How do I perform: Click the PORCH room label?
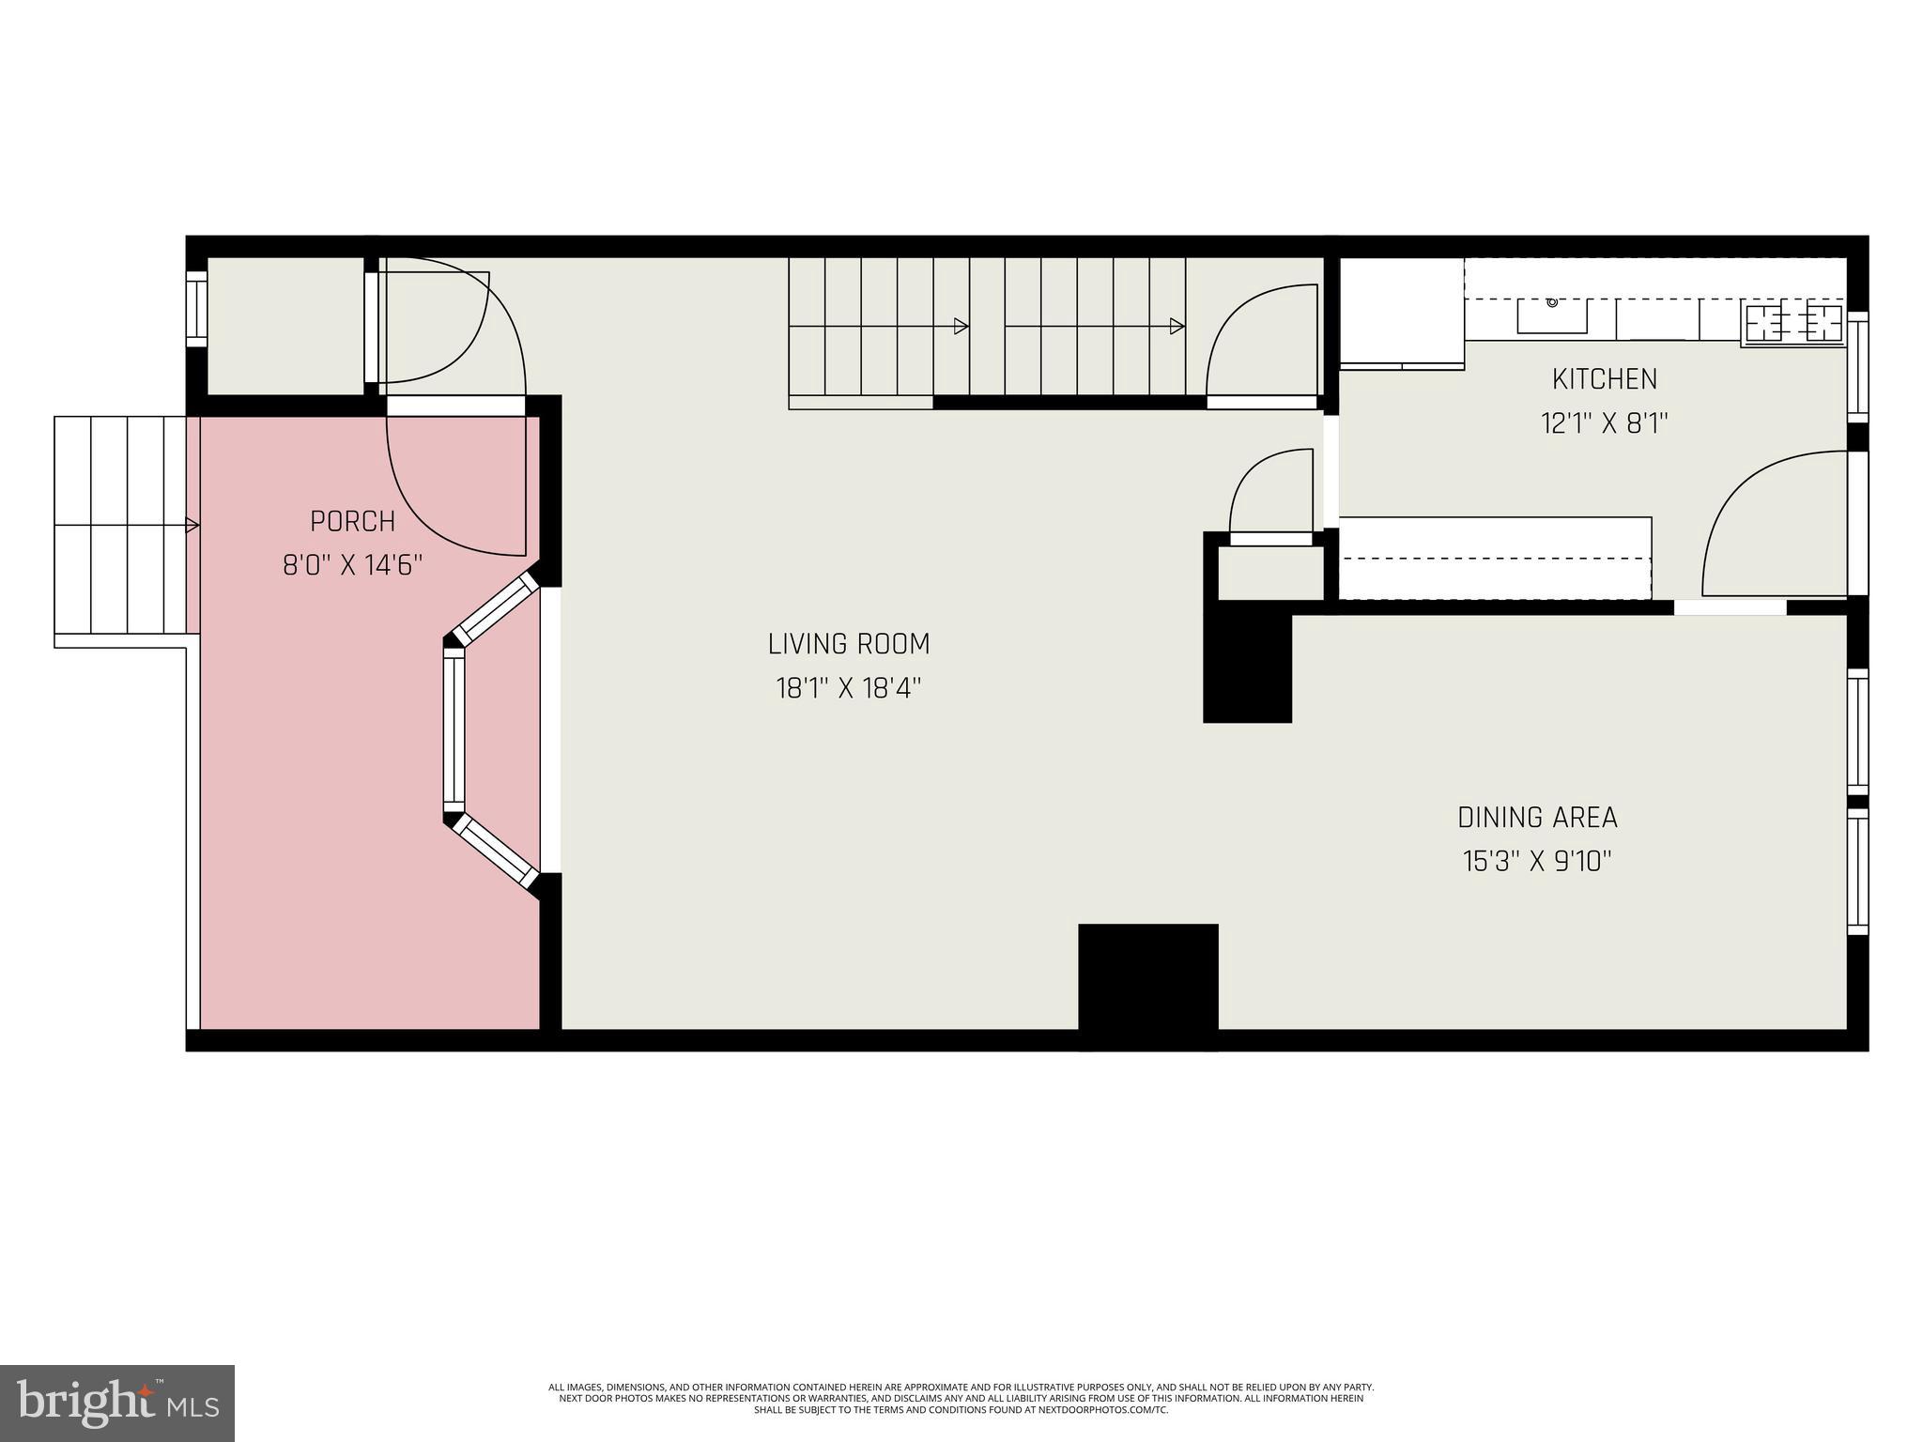point(352,521)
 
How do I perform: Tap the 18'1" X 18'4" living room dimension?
point(848,689)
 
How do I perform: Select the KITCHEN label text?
point(1604,379)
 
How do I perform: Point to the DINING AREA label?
point(1537,818)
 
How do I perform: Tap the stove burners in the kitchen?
point(1793,323)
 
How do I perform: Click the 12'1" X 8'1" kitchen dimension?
point(1604,423)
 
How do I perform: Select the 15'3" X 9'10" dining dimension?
point(1537,862)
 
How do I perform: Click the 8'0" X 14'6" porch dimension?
point(352,565)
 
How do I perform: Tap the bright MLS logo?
point(116,1403)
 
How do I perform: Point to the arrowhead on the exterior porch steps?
point(192,526)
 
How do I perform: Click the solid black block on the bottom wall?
point(1147,981)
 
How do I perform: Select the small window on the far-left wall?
point(196,309)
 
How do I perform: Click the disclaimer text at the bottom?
point(961,1398)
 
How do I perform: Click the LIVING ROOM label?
point(848,645)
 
